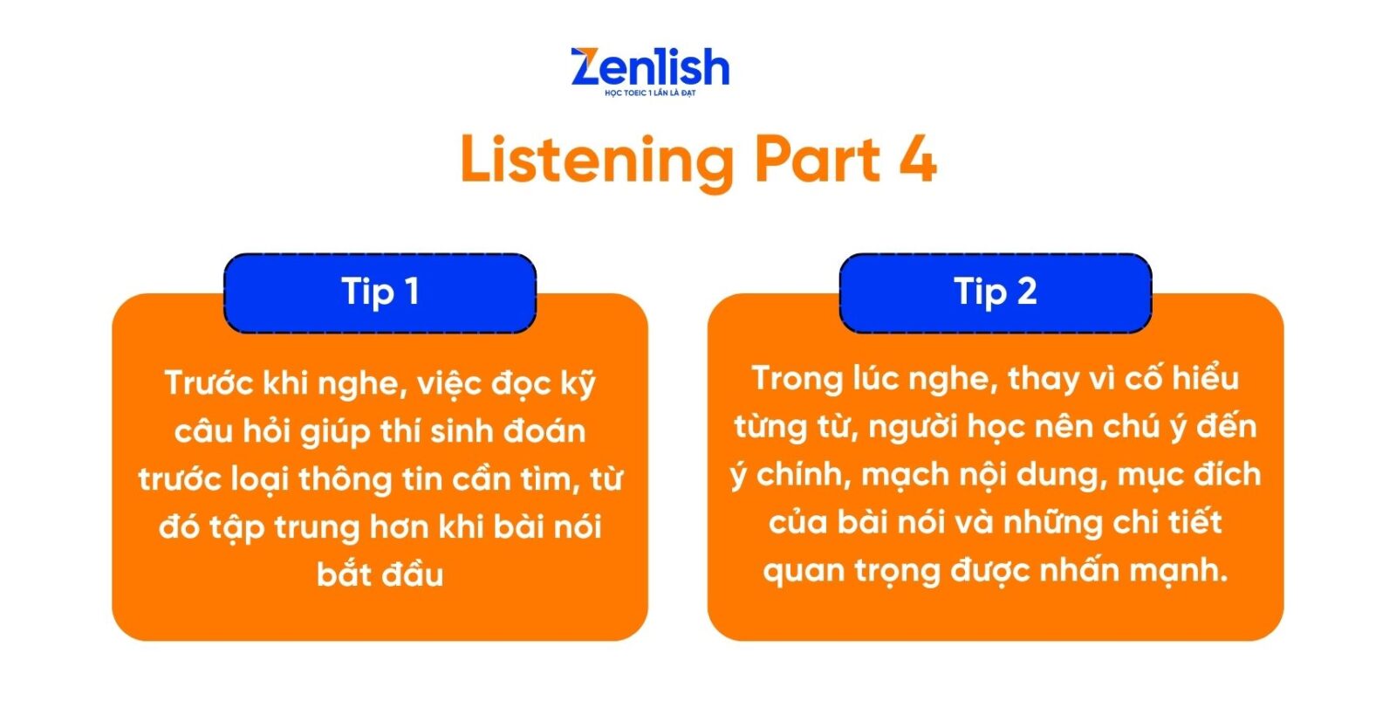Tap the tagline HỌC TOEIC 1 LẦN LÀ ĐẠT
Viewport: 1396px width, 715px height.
[650, 93]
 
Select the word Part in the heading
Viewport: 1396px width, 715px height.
[817, 161]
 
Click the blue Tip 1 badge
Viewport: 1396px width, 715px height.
[380, 293]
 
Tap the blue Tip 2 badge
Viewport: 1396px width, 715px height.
[996, 293]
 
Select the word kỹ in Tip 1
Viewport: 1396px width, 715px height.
[578, 383]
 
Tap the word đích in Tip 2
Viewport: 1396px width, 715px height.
[1227, 474]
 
